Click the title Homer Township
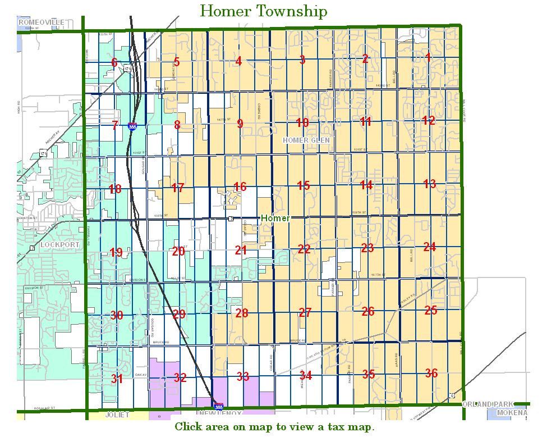(263, 11)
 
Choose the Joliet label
(117, 415)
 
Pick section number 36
(431, 373)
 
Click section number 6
(114, 62)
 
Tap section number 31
(117, 379)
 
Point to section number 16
(240, 187)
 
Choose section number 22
(304, 249)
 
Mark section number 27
(305, 312)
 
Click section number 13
(429, 184)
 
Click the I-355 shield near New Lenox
(217, 405)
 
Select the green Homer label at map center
(275, 218)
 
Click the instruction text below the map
(274, 427)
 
